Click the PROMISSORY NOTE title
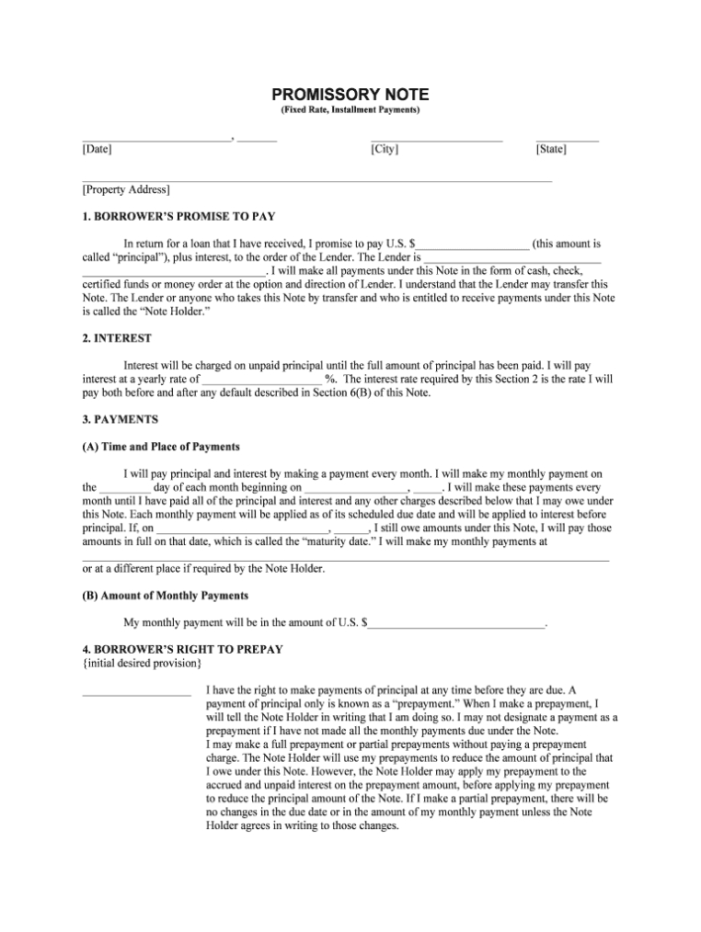(350, 95)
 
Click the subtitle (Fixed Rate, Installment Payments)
(350, 110)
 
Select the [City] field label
(385, 149)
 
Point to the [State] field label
(551, 149)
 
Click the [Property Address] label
(126, 190)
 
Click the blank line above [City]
(437, 139)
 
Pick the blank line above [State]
(567, 139)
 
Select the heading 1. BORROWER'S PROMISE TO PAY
(178, 217)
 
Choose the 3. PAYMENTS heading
(121, 419)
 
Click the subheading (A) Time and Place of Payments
(161, 447)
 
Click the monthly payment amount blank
(456, 625)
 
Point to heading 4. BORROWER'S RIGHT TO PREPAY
(182, 649)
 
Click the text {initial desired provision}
(142, 663)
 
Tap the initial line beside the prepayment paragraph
(136, 692)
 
